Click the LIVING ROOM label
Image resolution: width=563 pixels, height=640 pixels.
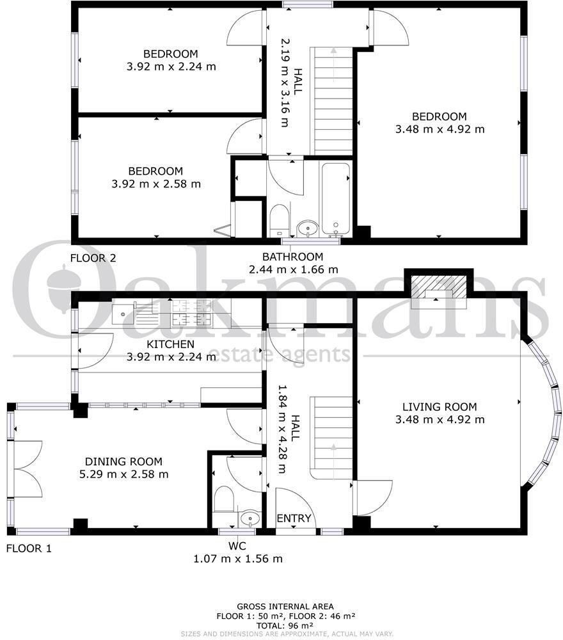(x=440, y=406)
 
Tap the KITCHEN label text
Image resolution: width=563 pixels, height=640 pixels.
(x=170, y=344)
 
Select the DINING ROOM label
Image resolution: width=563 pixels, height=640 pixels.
(x=123, y=461)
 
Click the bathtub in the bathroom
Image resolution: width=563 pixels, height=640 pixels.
(x=335, y=198)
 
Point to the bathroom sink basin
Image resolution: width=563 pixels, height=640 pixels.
(x=308, y=228)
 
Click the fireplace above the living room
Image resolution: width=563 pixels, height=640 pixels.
(x=438, y=290)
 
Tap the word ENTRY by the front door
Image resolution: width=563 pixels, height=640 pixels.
(x=294, y=518)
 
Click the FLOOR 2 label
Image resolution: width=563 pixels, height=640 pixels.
(x=93, y=259)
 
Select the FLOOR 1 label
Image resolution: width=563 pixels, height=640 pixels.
(x=28, y=548)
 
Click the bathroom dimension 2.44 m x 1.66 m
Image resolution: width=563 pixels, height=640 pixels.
(x=293, y=269)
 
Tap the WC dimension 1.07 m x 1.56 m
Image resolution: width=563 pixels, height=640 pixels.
(x=237, y=559)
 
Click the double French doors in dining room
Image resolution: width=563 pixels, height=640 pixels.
(x=27, y=468)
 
